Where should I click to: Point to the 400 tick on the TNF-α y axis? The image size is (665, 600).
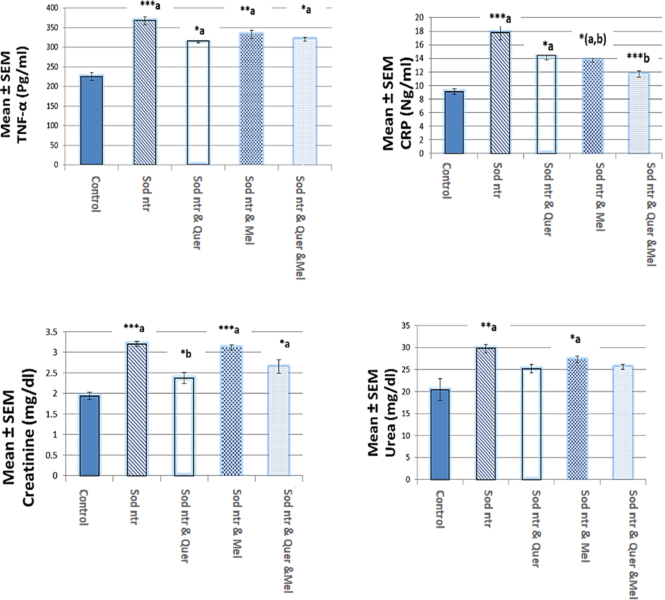tap(52, 8)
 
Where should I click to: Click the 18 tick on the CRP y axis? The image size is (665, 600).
tap(419, 31)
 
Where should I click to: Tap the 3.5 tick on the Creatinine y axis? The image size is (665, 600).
tap(51, 332)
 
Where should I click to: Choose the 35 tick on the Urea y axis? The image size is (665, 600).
tap(405, 325)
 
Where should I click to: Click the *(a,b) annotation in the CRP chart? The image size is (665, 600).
tap(592, 39)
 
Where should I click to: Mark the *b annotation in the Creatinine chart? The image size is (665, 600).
tap(186, 354)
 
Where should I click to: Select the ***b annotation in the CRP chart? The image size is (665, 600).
tap(638, 58)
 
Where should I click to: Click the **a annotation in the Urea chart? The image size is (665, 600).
tap(489, 326)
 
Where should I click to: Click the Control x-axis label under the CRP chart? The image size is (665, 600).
tap(447, 181)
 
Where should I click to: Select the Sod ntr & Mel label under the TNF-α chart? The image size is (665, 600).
tap(249, 210)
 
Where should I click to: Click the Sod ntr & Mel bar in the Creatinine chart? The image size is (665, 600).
tap(231, 412)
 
